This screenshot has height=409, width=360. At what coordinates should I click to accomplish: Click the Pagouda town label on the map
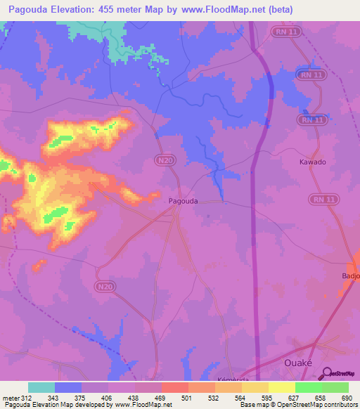184,200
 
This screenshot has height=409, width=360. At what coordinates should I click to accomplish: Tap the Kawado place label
310,162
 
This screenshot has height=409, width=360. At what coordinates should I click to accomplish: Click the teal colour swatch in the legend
41,387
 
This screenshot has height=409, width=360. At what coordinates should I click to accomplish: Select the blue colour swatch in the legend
68,387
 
